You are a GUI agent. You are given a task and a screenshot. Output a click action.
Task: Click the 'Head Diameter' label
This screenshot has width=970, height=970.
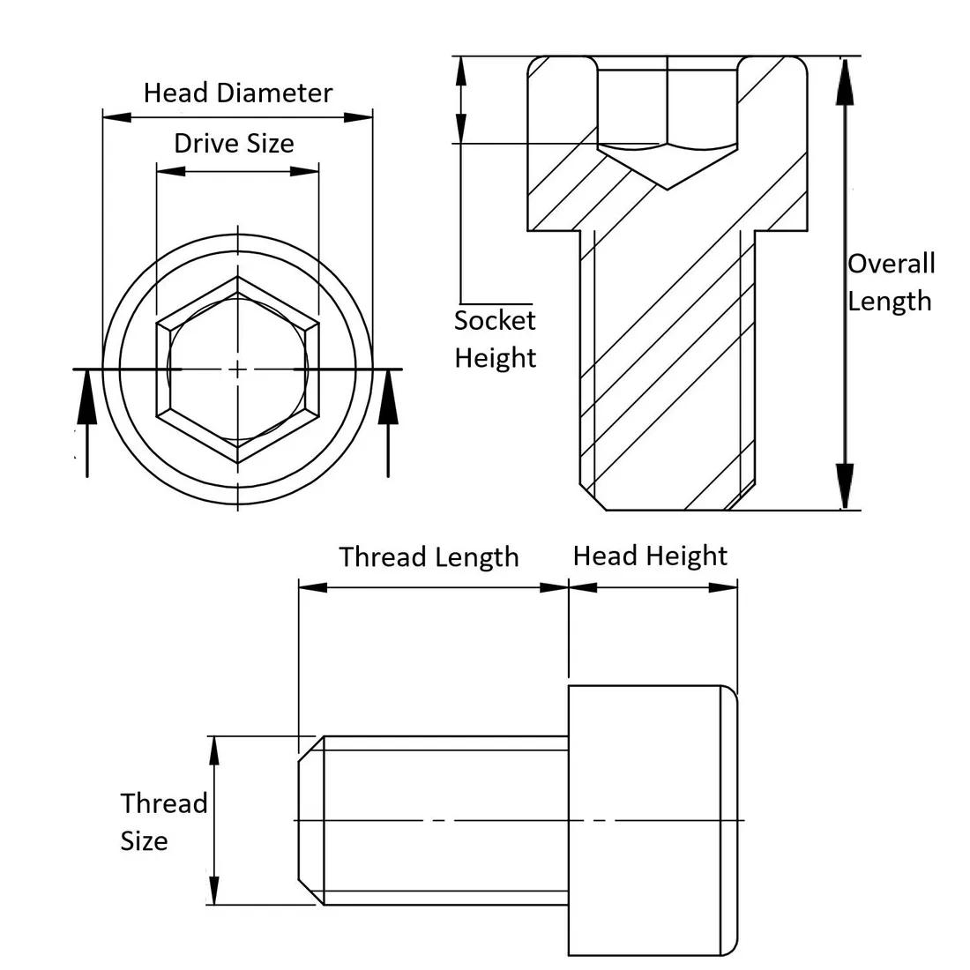pyautogui.click(x=238, y=93)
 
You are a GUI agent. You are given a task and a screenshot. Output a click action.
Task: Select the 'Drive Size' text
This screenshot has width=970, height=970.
pyautogui.click(x=234, y=144)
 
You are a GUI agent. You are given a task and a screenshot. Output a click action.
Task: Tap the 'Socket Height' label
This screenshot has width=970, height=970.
pyautogui.click(x=495, y=339)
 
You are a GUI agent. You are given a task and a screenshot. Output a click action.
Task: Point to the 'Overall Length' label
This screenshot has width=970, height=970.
pyautogui.click(x=890, y=282)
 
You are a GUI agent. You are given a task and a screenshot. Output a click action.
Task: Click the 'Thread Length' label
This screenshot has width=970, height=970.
pyautogui.click(x=429, y=557)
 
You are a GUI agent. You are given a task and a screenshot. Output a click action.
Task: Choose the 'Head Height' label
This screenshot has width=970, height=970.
pyautogui.click(x=650, y=556)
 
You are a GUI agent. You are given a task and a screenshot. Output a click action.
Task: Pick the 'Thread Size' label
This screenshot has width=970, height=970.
pyautogui.click(x=163, y=822)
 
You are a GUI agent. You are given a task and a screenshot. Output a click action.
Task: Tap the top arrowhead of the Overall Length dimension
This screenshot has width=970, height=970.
pyautogui.click(x=845, y=79)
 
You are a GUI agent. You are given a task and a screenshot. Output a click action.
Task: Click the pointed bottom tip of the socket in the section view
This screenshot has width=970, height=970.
pyautogui.click(x=667, y=188)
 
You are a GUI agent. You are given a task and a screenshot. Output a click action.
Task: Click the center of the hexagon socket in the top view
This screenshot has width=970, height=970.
pyautogui.click(x=238, y=369)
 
